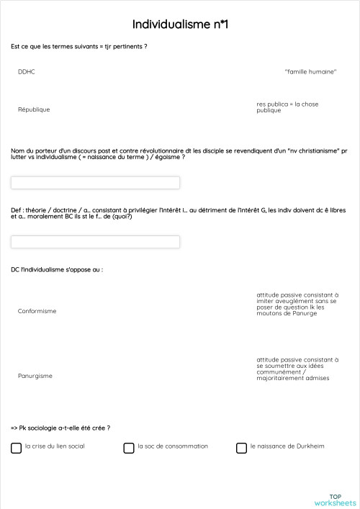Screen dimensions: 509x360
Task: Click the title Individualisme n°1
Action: tap(180, 24)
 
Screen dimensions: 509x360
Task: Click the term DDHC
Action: tap(27, 71)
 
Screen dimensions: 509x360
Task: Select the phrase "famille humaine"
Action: tap(311, 71)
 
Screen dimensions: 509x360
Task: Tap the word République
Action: tap(34, 109)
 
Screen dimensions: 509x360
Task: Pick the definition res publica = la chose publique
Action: tap(287, 107)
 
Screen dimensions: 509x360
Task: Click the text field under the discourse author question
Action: tap(96, 183)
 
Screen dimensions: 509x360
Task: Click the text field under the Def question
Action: tap(96, 242)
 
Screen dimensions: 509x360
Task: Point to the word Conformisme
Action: tap(37, 311)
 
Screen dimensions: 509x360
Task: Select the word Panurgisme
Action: tap(35, 376)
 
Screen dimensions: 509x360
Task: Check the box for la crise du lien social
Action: tap(17, 447)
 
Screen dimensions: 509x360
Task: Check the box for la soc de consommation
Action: tap(129, 447)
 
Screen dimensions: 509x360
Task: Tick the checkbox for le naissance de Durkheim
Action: tap(241, 447)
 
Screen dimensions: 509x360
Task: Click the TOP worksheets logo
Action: tap(335, 500)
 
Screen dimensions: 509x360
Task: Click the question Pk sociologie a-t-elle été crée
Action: tap(61, 428)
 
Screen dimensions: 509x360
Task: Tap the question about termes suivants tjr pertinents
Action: tap(79, 47)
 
